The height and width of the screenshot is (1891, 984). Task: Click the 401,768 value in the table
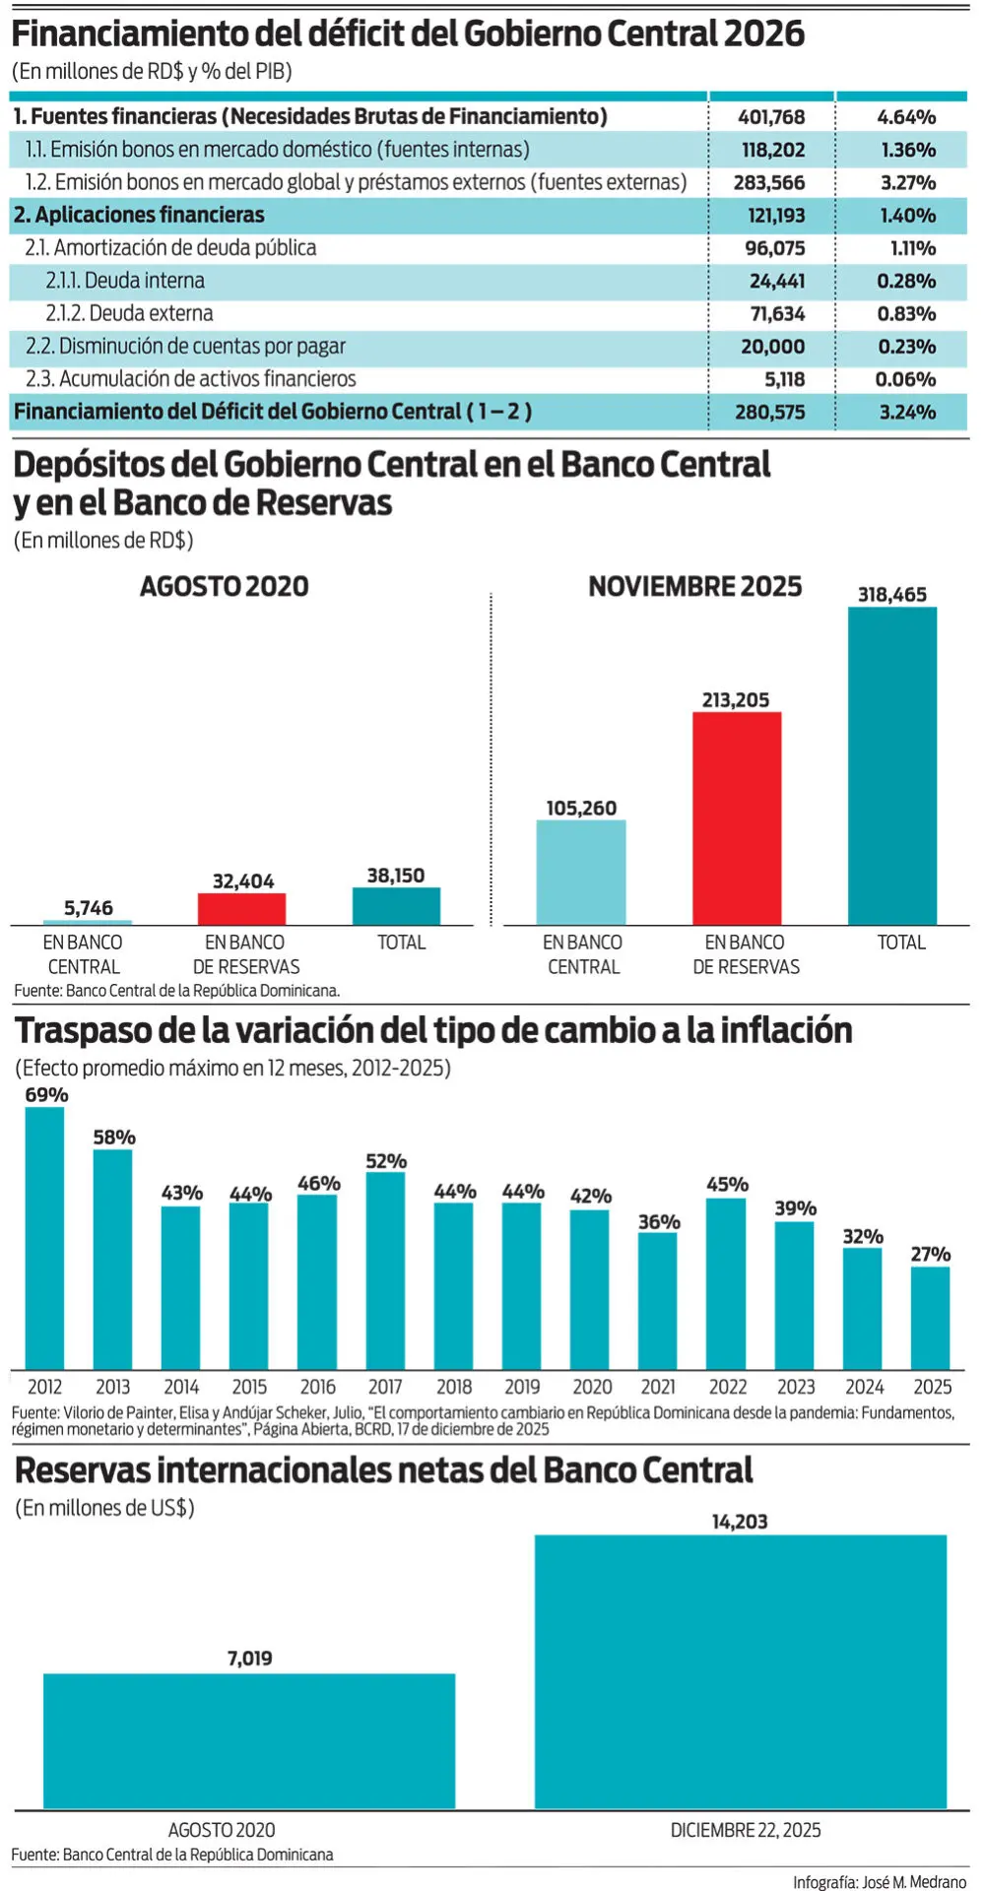coord(771,117)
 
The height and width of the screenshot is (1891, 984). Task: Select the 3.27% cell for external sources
coord(907,183)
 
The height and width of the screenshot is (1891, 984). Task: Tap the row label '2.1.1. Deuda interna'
coord(125,281)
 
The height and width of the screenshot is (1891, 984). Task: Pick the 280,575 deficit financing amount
coord(769,413)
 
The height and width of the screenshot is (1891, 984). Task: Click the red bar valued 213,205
coord(737,817)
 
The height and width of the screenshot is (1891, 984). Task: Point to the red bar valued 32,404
coord(242,909)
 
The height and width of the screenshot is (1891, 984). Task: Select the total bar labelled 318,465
coord(892,765)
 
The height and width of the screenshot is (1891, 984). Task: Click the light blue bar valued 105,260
coord(581,872)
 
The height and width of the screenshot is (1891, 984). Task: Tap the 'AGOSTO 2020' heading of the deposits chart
coord(225,587)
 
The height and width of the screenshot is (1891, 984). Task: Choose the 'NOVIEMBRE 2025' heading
coord(694,587)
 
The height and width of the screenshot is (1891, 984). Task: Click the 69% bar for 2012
coord(45,1237)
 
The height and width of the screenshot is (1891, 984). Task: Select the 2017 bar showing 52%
coord(385,1271)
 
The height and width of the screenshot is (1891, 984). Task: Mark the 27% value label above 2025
coord(930,1254)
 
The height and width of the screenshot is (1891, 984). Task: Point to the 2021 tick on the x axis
coord(658,1387)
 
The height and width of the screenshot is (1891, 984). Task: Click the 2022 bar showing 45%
coord(726,1283)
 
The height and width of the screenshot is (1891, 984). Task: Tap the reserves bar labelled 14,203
coord(740,1670)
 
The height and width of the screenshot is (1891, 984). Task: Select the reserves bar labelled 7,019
coord(249,1740)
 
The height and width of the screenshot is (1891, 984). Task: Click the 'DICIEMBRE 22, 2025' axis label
coord(746,1830)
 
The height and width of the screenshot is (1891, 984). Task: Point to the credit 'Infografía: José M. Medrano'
coord(880,1882)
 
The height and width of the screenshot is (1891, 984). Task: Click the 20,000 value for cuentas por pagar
coord(772,347)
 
